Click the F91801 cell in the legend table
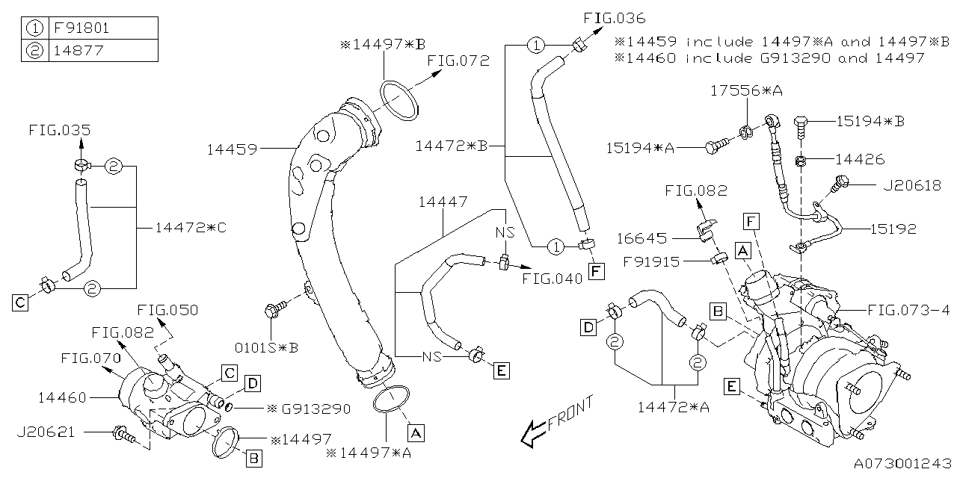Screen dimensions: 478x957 103,28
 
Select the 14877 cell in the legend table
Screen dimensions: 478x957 103,50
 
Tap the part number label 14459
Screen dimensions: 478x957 233,149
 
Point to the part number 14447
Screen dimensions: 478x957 443,202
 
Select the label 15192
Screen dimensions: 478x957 893,230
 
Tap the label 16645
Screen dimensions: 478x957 641,238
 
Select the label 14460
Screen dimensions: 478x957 67,397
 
